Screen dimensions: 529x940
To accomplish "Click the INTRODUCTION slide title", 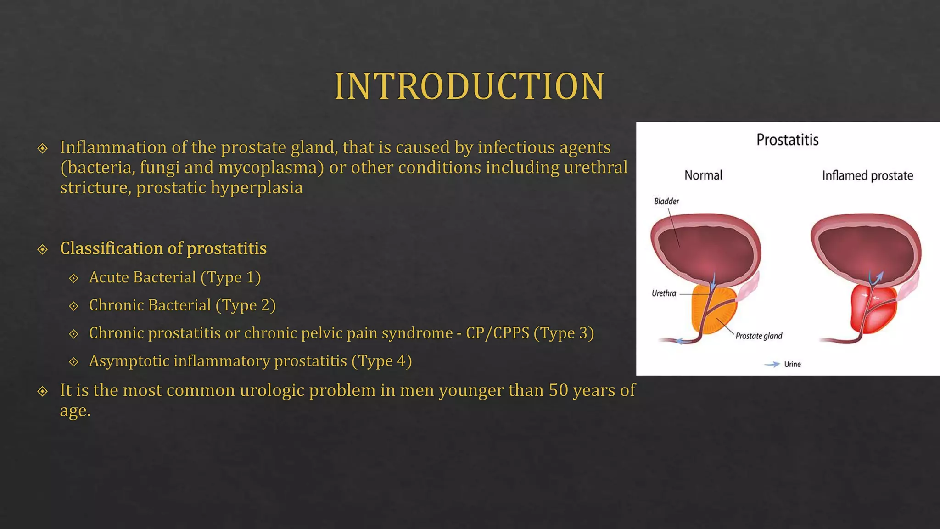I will [x=469, y=86].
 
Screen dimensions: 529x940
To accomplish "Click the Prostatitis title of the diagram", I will [x=787, y=140].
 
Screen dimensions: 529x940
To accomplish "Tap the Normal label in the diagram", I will [x=703, y=175].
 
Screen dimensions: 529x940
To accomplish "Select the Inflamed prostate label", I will [x=867, y=176].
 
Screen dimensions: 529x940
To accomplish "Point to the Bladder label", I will [x=666, y=201].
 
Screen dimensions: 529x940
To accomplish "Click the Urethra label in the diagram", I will [x=664, y=293].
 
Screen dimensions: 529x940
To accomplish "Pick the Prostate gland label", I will [x=759, y=336].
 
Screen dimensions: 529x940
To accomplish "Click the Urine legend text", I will [x=792, y=364].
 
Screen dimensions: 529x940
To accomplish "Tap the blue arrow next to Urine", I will [x=772, y=364].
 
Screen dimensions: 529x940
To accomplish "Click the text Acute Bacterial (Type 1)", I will [x=174, y=277].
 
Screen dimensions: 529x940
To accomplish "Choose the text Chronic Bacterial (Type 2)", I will [x=182, y=305].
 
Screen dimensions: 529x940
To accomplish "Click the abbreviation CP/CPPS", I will [x=498, y=333].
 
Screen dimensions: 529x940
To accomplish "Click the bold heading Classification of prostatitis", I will [x=163, y=248].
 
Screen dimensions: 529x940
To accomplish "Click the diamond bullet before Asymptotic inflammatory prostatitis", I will [x=73, y=362].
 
